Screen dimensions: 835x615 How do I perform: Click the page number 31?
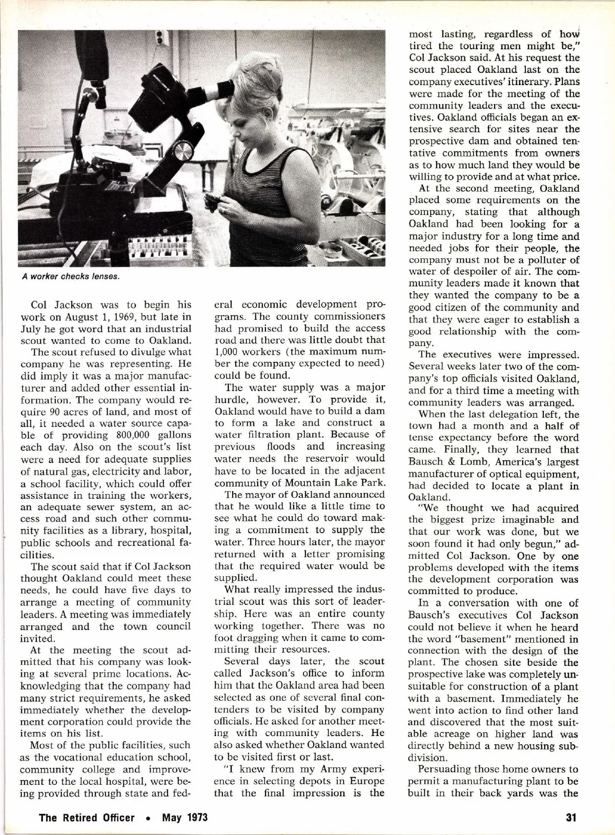tap(571, 817)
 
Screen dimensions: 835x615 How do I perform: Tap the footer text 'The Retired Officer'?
tap(87, 817)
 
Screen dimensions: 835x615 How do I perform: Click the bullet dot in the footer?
tap(148, 818)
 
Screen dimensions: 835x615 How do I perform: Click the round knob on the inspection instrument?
tap(183, 152)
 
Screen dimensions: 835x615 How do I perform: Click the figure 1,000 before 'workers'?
tap(228, 352)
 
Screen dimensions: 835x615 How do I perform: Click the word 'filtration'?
tap(251, 435)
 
